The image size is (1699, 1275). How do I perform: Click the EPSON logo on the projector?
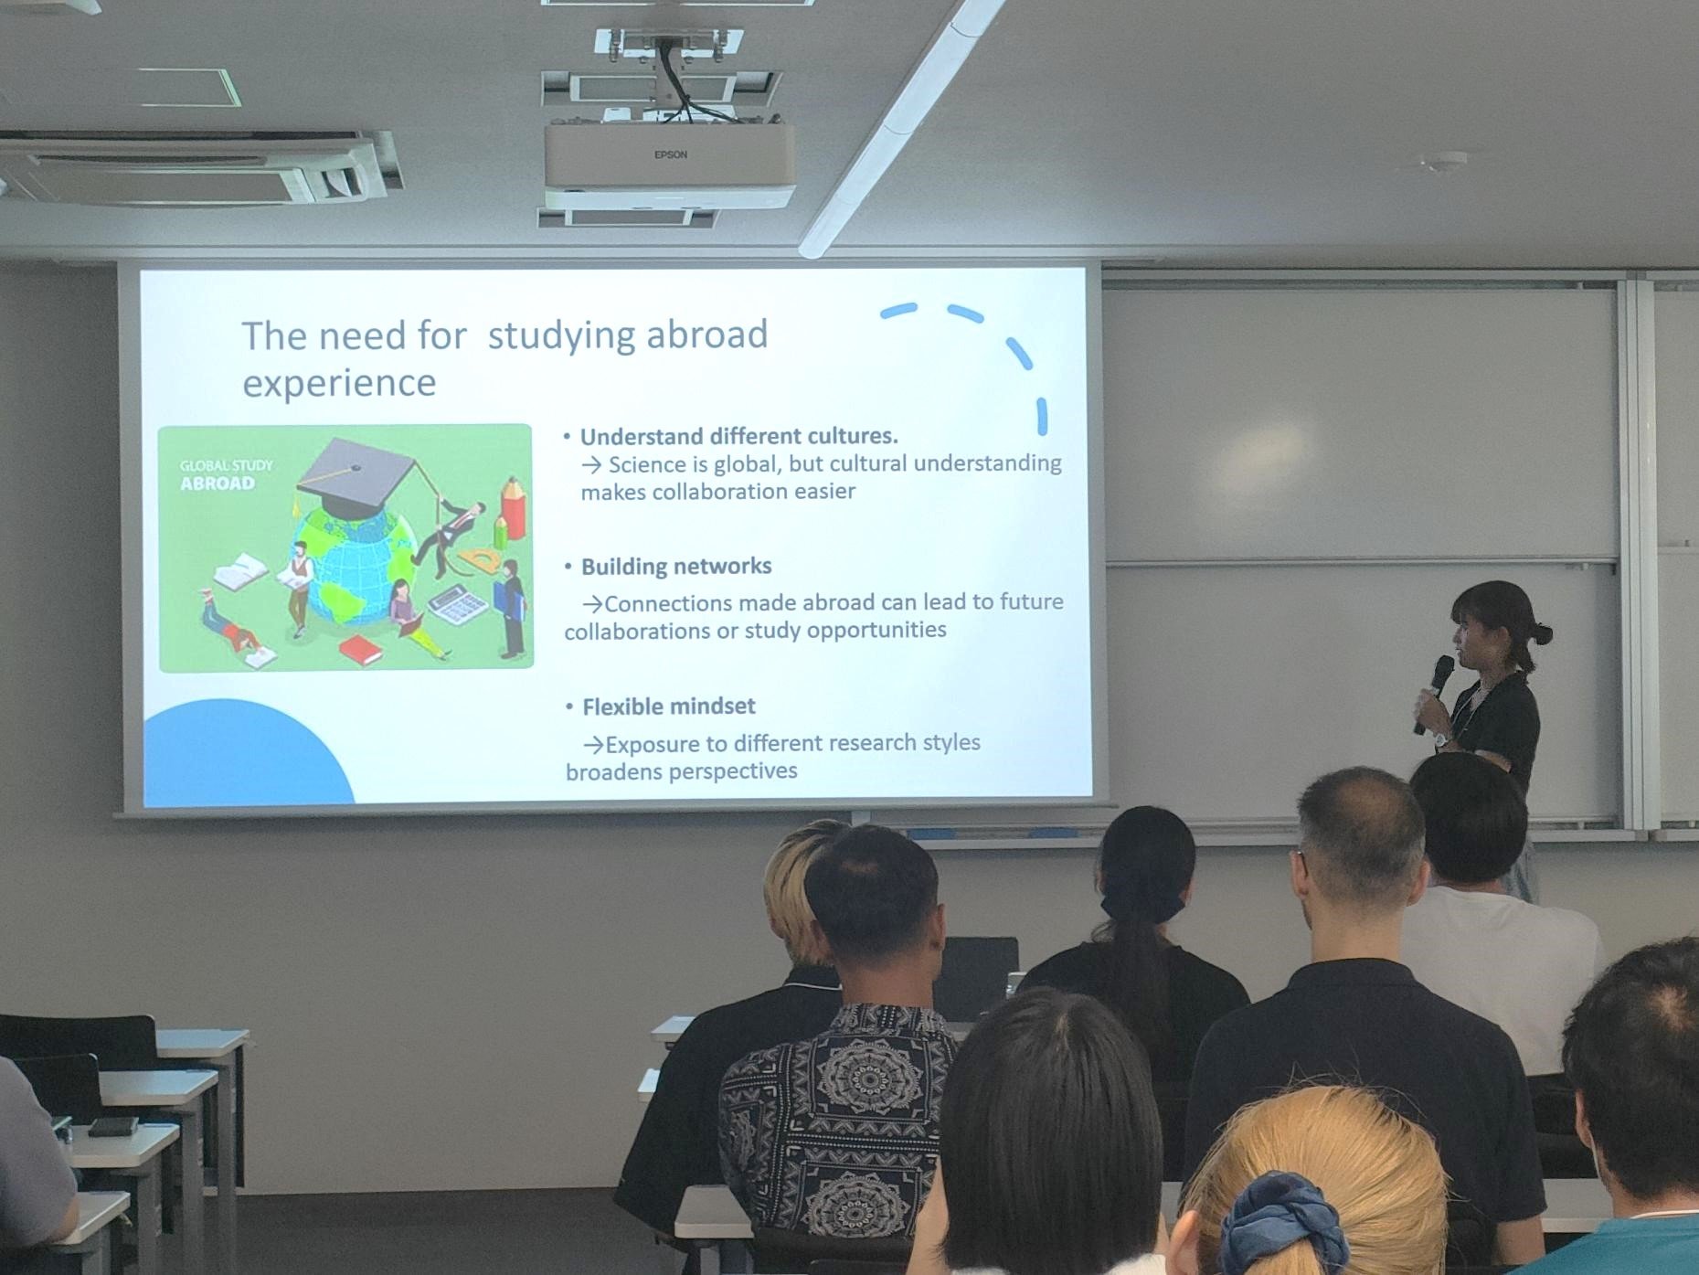(x=670, y=154)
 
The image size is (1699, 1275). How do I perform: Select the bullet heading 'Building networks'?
(x=676, y=567)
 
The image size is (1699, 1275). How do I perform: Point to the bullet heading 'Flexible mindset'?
(x=669, y=707)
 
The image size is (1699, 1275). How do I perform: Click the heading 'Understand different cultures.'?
(x=739, y=436)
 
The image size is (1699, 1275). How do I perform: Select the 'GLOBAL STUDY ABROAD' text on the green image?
(x=225, y=474)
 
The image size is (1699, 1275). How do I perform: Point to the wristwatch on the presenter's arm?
(x=1442, y=738)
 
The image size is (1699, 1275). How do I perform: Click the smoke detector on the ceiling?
(x=1442, y=162)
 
